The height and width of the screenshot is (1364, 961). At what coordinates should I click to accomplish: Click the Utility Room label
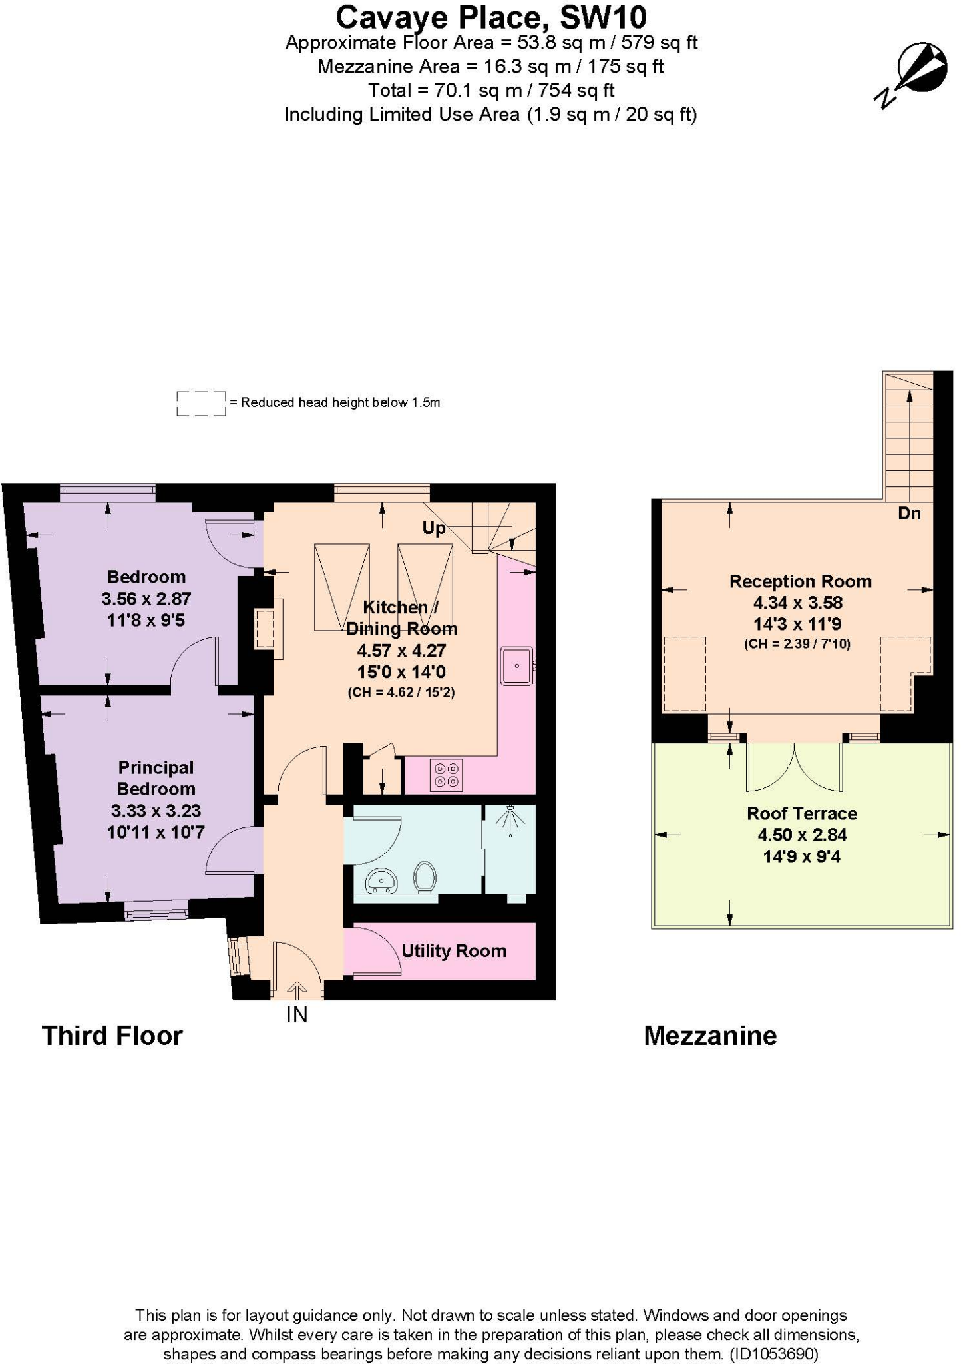coord(453,951)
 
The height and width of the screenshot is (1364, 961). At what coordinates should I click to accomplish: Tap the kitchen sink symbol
coord(516,665)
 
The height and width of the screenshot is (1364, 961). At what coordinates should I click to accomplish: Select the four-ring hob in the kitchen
coord(446,775)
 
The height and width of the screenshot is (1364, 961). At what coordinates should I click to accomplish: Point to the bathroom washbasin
coord(381,881)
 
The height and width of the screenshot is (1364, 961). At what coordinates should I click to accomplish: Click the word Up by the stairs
coord(433,528)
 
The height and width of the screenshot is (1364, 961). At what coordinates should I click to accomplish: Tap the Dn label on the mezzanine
coord(909,513)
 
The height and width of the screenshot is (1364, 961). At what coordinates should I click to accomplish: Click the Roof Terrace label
coord(801,813)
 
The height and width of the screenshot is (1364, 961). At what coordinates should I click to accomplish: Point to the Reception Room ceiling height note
coord(797,644)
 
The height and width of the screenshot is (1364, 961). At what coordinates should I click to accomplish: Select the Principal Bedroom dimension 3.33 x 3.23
coord(156,811)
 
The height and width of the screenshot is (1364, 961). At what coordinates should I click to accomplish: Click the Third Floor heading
coord(112,1036)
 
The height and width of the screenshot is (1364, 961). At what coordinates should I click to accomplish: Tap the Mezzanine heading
coord(710,1036)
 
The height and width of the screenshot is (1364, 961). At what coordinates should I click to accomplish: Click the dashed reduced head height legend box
coord(201,404)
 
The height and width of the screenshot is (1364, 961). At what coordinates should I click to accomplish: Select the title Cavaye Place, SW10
coord(490,17)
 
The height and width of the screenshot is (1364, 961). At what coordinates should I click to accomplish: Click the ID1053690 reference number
coord(773,1353)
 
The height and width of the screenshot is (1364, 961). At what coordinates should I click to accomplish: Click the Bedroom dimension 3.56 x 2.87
coord(146,598)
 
